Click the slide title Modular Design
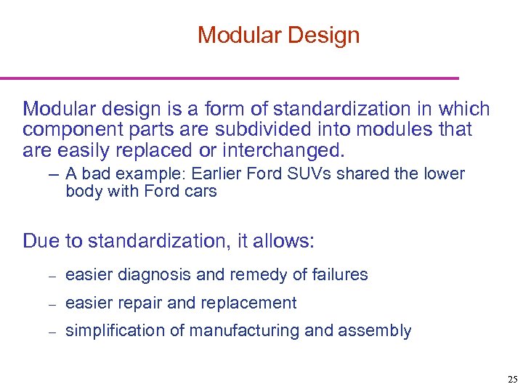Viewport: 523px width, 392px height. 278,35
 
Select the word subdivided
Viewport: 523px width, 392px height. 237,130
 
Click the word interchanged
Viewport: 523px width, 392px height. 289,151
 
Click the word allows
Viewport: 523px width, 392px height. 288,241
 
